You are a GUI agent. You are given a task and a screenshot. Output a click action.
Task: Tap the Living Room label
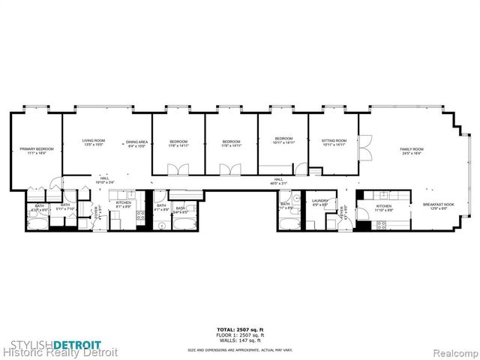click(93, 142)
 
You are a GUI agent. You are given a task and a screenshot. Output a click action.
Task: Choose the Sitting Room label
click(334, 142)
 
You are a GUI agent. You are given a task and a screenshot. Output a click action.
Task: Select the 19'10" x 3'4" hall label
click(103, 181)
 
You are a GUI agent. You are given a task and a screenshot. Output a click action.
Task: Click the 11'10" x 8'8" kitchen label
click(383, 207)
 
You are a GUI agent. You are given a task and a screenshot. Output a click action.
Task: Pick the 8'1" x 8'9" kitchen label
click(124, 205)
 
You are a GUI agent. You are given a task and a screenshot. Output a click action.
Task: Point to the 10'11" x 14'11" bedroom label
click(283, 140)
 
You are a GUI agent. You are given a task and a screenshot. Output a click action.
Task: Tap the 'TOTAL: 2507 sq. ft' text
click(240, 329)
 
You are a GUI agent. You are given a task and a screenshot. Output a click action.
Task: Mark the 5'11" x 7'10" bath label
click(65, 206)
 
